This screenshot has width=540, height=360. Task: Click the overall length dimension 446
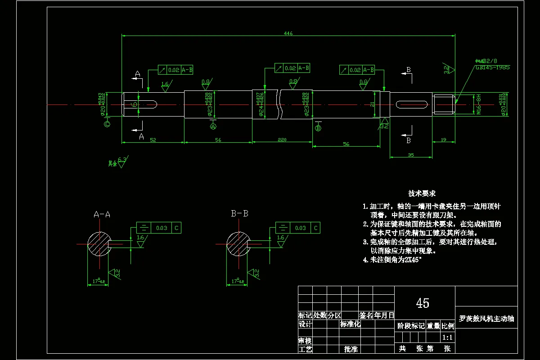[x=288, y=33]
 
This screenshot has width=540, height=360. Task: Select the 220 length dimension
[x=282, y=140]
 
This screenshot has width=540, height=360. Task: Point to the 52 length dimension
[x=153, y=140]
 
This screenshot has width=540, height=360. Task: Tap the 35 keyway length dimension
[x=411, y=154]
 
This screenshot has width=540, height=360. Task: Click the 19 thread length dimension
[x=444, y=140]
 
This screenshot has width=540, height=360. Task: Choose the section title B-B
[x=239, y=214]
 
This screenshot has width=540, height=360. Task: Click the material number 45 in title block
[x=423, y=303]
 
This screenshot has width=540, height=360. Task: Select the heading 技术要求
[x=422, y=193]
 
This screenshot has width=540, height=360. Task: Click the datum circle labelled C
[x=107, y=124]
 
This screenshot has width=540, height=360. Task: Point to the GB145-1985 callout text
[x=492, y=67]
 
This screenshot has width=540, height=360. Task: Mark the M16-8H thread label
[x=479, y=104]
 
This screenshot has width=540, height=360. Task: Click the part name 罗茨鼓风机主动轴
[x=486, y=319]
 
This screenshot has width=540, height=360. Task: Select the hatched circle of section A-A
[x=99, y=244]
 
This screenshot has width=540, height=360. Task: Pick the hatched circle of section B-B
[x=237, y=244]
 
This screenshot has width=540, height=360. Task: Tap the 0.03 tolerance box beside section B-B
[x=300, y=228]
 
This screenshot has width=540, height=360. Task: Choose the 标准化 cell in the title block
[x=350, y=324]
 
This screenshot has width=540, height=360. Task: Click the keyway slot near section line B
[x=411, y=104]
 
